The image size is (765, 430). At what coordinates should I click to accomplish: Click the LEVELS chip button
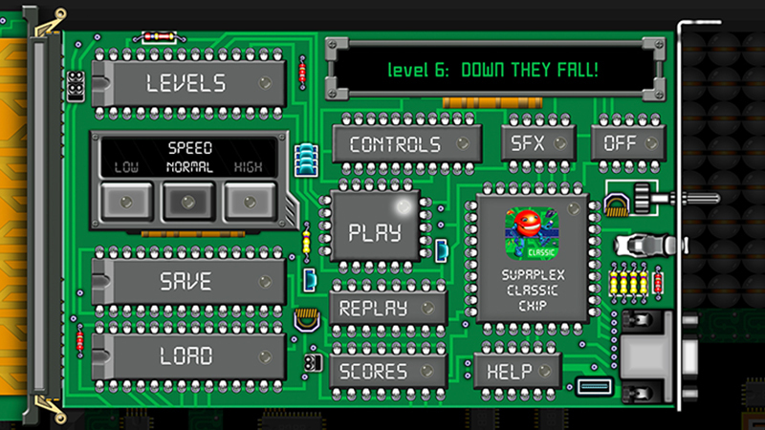pos(188,83)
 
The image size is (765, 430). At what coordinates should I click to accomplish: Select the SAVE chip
pos(188,282)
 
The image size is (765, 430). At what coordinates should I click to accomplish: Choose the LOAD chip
pos(188,356)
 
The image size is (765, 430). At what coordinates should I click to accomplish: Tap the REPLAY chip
pos(388,308)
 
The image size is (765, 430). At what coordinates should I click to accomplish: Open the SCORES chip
pos(388,372)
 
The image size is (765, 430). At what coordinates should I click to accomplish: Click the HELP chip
pos(517,372)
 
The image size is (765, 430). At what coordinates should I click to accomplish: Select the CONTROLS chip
pos(407,144)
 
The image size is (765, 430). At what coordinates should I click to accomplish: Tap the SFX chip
pos(538,142)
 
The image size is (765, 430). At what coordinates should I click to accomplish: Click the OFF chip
pos(628,142)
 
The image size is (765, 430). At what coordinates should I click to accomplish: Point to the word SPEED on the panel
pos(189,148)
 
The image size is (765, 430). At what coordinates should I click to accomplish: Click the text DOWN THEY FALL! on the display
pos(530,70)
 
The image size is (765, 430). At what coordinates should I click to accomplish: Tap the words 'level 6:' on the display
pos(418,70)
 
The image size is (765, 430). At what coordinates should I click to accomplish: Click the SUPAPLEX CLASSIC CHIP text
pos(533,290)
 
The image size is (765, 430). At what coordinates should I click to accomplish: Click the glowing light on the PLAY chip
pos(404,206)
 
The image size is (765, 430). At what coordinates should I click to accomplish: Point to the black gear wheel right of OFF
pos(643,198)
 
